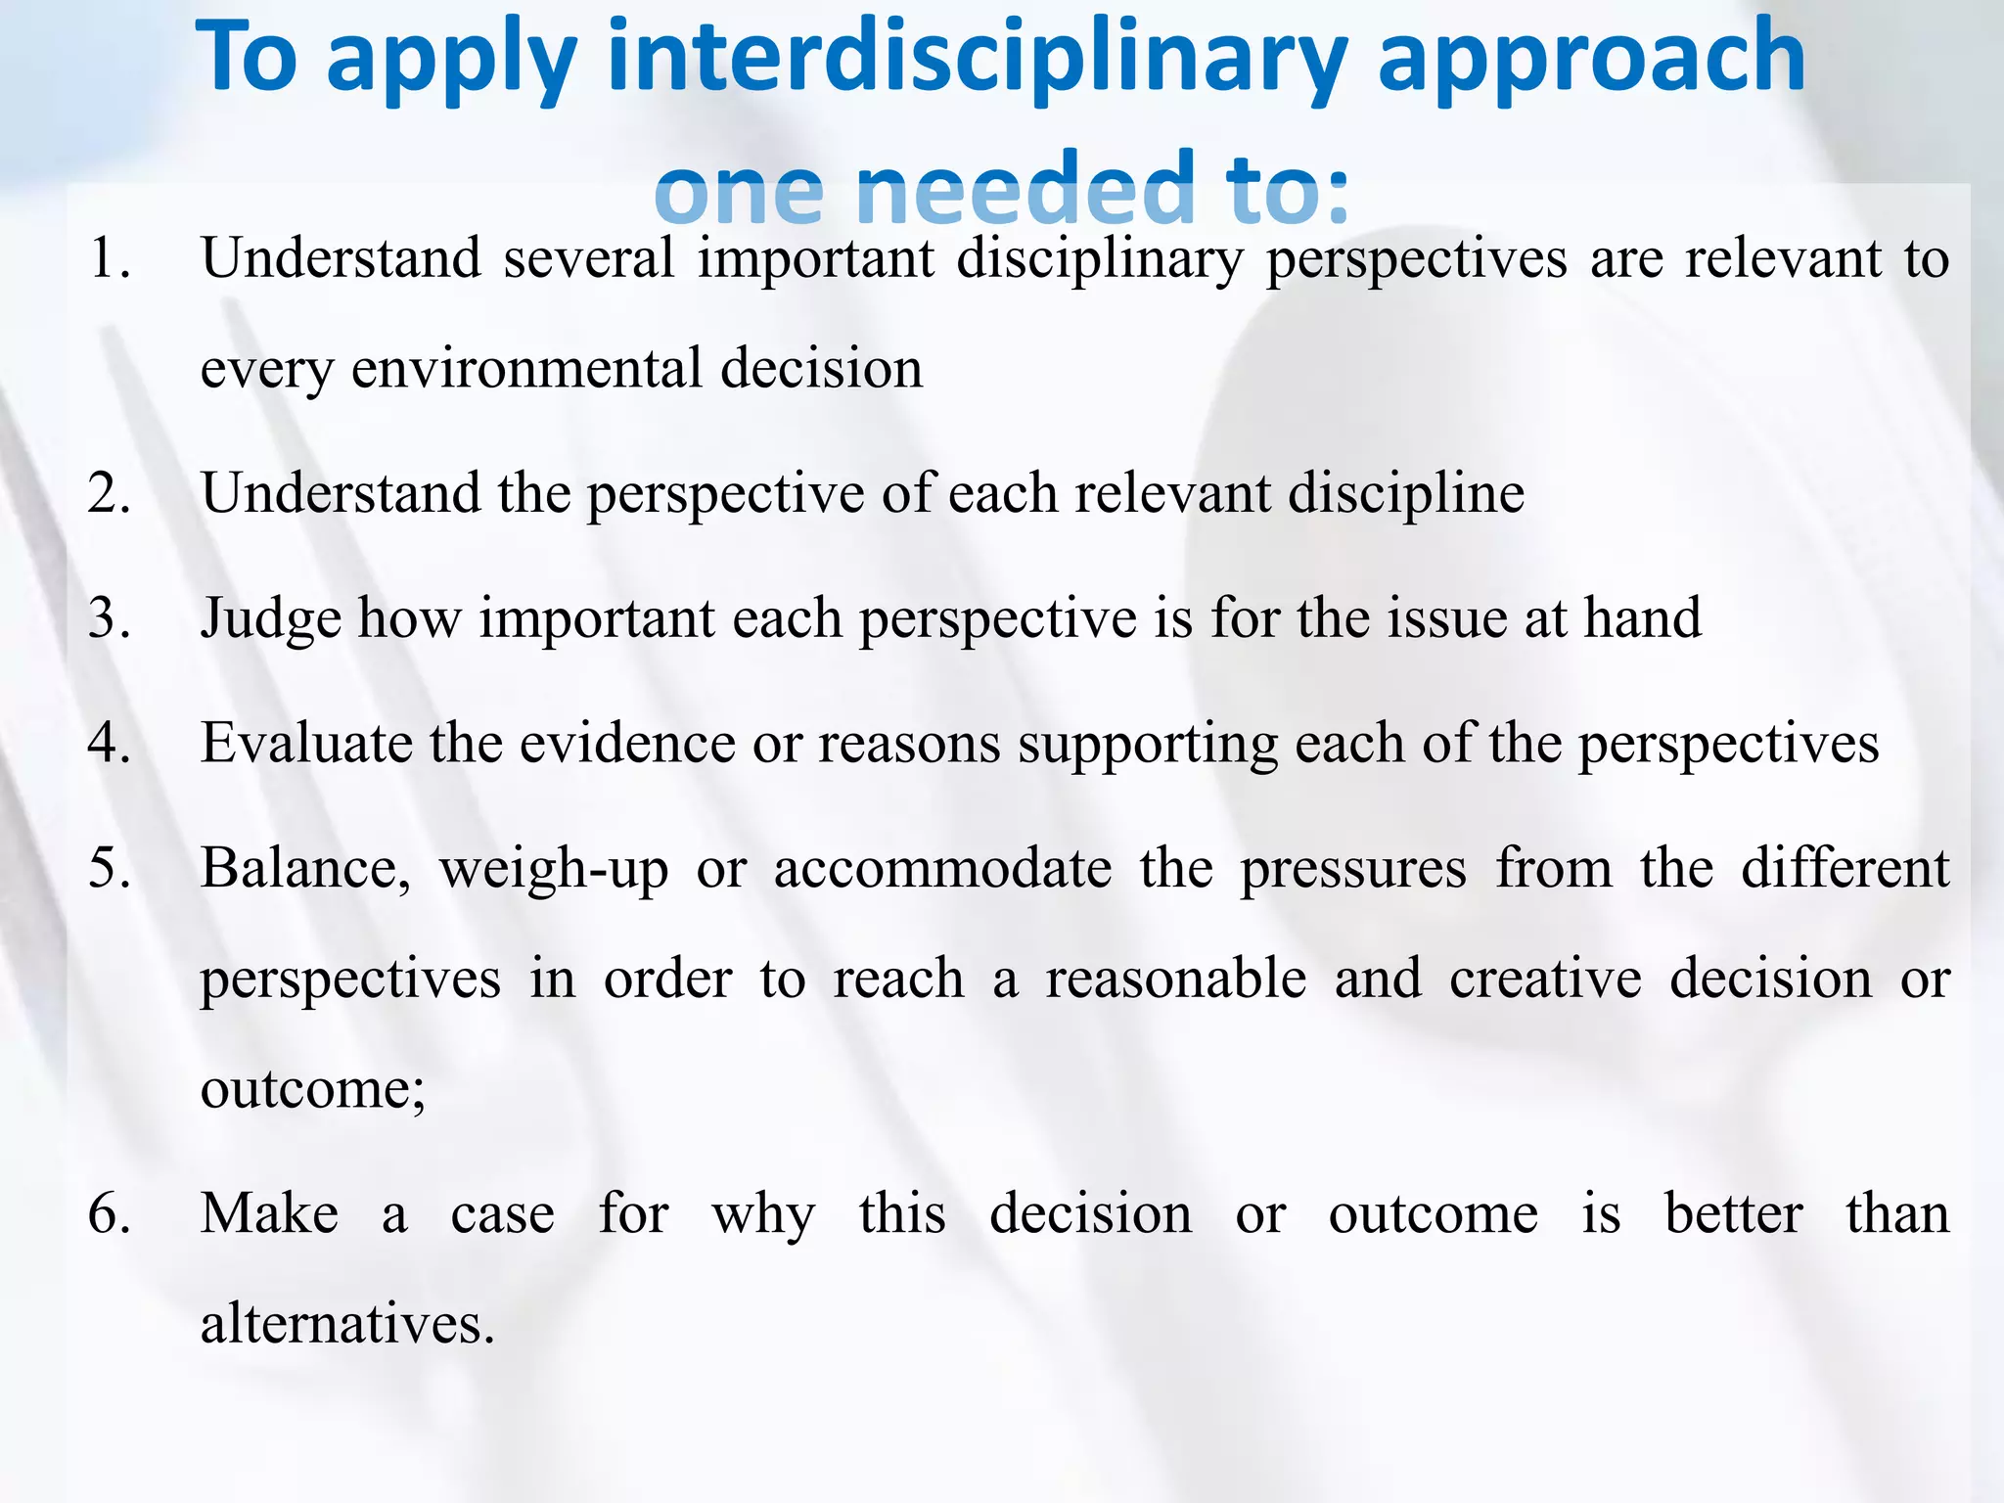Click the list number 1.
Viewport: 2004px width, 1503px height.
click(108, 259)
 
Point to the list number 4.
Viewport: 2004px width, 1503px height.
click(108, 744)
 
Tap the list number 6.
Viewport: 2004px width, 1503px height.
click(108, 1214)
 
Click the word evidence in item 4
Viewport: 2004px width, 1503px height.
click(626, 744)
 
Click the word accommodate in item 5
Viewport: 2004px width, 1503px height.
click(941, 869)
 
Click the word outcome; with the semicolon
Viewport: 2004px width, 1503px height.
click(312, 1089)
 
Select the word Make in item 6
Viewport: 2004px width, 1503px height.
click(269, 1214)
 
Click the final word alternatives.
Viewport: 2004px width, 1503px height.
click(346, 1325)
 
